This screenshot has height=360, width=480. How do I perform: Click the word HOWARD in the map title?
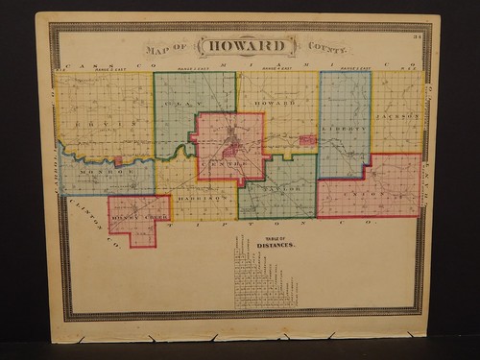point(242,47)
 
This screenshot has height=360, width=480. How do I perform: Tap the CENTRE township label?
point(224,165)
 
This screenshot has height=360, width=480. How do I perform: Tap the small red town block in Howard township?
point(307,140)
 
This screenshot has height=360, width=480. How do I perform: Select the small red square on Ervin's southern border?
point(118,162)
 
